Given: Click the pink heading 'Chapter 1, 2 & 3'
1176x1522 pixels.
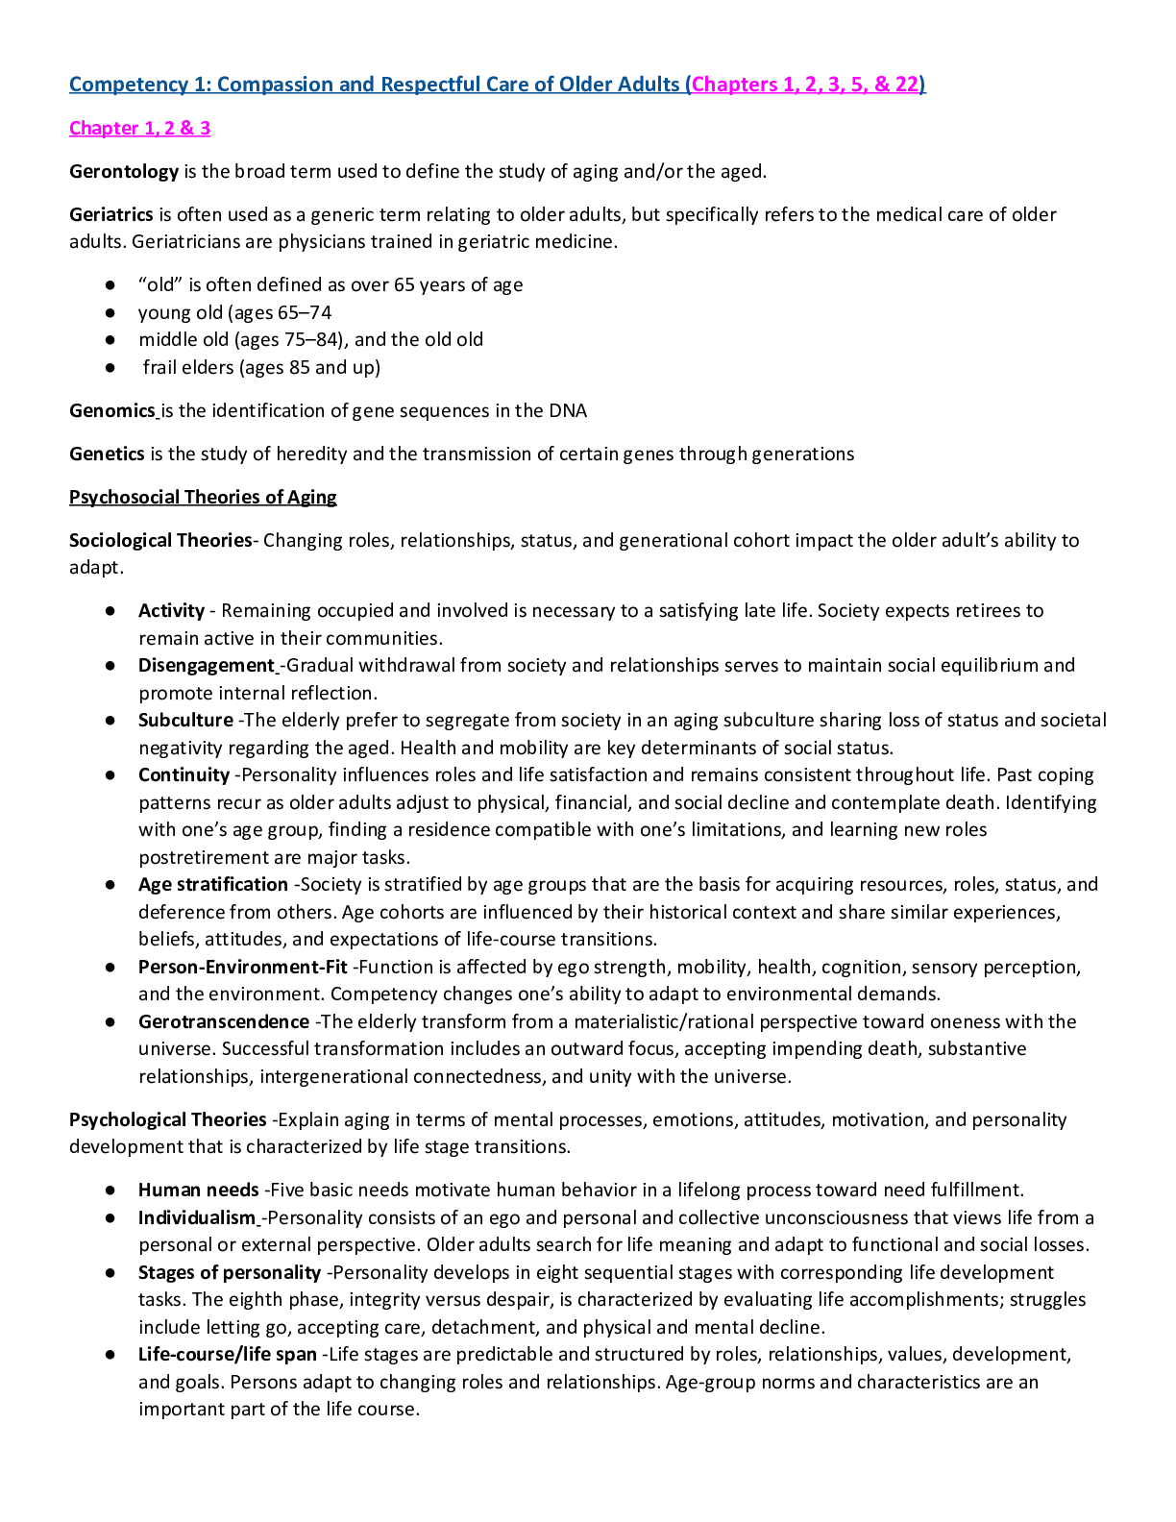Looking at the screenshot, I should (x=139, y=128).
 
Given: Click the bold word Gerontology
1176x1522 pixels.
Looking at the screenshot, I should (x=124, y=172).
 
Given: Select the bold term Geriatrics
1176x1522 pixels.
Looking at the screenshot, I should (x=111, y=214).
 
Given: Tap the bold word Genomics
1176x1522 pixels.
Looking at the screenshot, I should (x=112, y=411).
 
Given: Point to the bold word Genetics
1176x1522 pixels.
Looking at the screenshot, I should (x=107, y=454).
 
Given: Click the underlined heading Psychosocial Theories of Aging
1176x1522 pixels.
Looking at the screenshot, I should (x=203, y=497).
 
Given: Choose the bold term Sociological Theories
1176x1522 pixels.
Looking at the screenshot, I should (x=159, y=540).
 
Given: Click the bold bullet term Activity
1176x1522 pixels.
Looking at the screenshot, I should (x=171, y=611).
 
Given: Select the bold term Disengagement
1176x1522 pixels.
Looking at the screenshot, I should (x=207, y=666).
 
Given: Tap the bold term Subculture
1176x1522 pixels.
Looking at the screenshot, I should (x=185, y=721).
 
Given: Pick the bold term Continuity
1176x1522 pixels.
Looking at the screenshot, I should (x=184, y=775).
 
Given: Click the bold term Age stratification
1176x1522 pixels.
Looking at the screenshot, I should (x=213, y=885).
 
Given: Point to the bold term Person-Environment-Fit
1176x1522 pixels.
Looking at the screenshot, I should (x=243, y=968).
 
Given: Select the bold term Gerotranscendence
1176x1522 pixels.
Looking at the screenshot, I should (x=224, y=1022).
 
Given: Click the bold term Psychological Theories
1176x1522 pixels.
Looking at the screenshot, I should (x=168, y=1120).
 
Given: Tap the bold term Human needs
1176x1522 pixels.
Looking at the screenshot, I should (x=199, y=1191).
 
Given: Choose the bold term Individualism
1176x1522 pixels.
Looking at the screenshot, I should (x=197, y=1218).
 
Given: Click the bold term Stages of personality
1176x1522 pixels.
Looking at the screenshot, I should (x=230, y=1273).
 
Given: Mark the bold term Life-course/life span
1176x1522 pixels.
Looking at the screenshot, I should (x=228, y=1355).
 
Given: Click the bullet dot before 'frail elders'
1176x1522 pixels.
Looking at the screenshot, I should (x=111, y=368).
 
